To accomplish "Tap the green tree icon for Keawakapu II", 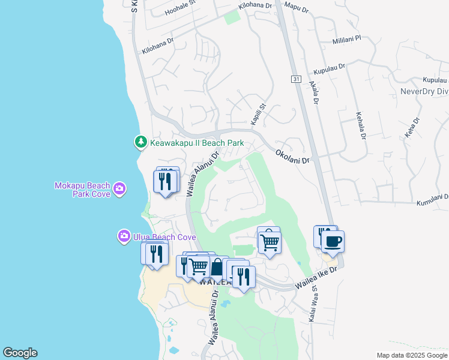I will coord(140,142).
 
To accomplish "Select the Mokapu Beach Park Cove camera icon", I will coord(120,189).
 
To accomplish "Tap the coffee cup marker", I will coord(333,241).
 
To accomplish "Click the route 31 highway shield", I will coord(296,79).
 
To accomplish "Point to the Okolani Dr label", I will coord(292,157).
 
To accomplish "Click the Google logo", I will coord(20,353).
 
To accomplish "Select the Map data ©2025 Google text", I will coord(412,355).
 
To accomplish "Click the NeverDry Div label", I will coord(424,92).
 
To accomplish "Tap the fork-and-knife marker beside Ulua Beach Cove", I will coord(155,253).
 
